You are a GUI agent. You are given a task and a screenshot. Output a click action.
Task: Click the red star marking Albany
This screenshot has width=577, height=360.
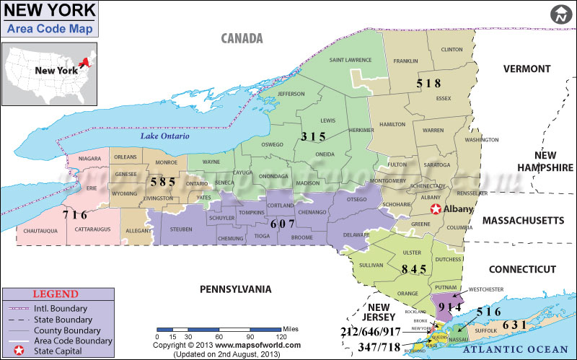[x=436, y=210]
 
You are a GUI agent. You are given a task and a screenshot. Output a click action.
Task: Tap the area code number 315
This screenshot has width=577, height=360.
[x=313, y=136]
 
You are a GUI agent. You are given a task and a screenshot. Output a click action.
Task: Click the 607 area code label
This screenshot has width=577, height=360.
[x=282, y=224]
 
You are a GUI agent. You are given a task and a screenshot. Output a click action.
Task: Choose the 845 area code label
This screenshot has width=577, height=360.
[x=413, y=269]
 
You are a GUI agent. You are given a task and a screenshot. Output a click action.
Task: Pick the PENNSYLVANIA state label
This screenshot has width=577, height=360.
[x=235, y=289]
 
